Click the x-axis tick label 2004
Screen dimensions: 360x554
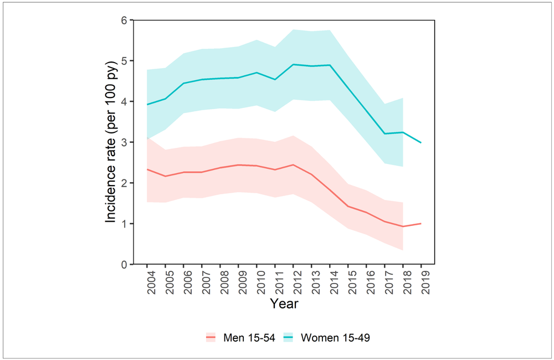147,281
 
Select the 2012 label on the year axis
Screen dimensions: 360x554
293,281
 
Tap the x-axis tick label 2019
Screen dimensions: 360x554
421,281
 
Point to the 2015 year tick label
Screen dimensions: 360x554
348,281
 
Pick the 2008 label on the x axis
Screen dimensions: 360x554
220,281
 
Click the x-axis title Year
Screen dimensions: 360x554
284,304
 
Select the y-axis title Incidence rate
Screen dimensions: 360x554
111,142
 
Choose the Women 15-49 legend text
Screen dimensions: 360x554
335,337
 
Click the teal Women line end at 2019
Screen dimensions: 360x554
421,143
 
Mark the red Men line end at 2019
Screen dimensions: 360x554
421,224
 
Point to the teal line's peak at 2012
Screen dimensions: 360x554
293,64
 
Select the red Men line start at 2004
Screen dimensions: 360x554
147,169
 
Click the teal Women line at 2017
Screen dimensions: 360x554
384,133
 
